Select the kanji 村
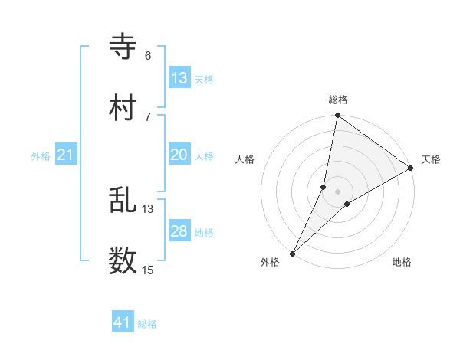click(123, 108)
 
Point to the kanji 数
click(123, 261)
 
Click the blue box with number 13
click(179, 78)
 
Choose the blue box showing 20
click(179, 155)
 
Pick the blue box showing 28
click(179, 231)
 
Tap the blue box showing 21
click(66, 155)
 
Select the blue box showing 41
click(123, 322)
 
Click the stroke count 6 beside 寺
click(148, 56)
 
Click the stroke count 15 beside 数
click(148, 270)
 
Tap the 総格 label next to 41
click(147, 324)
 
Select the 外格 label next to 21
click(41, 156)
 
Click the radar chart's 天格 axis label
click(431, 159)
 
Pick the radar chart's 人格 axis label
click(245, 159)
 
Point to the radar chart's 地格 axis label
click(402, 262)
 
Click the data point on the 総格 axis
click(337, 116)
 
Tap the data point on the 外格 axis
click(293, 252)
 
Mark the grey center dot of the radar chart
click(337, 191)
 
